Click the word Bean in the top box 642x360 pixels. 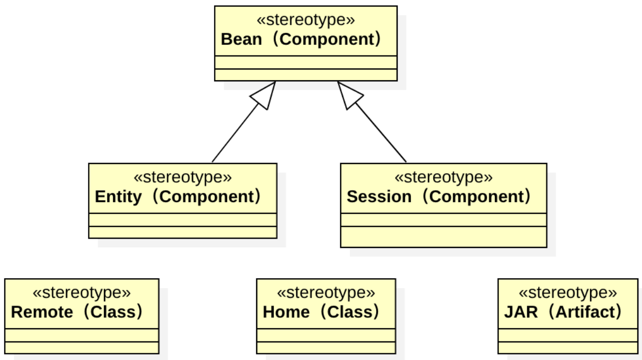(x=241, y=40)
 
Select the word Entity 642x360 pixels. (x=118, y=197)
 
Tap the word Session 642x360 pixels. (x=379, y=197)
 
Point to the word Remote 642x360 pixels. (x=42, y=312)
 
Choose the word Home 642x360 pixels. (x=287, y=312)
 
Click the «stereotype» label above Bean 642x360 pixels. (x=306, y=20)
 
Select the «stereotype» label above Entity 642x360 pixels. (x=183, y=177)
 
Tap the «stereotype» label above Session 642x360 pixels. (x=443, y=177)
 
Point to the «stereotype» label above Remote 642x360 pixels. (x=81, y=293)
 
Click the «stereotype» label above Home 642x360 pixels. (x=326, y=293)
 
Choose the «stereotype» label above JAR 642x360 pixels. (x=567, y=293)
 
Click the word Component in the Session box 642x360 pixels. (x=475, y=197)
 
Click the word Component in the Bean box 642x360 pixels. (x=326, y=40)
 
